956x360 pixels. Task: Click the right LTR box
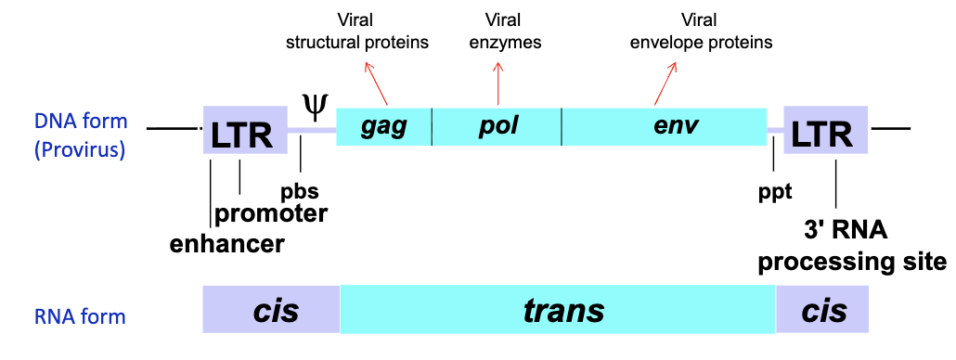825,130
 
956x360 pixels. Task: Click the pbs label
300,192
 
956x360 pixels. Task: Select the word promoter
271,215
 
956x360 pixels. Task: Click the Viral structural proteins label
357,31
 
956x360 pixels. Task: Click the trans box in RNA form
558,310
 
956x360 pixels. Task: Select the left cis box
271,310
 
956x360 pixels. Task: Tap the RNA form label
79,317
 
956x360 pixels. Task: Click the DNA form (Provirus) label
80,135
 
